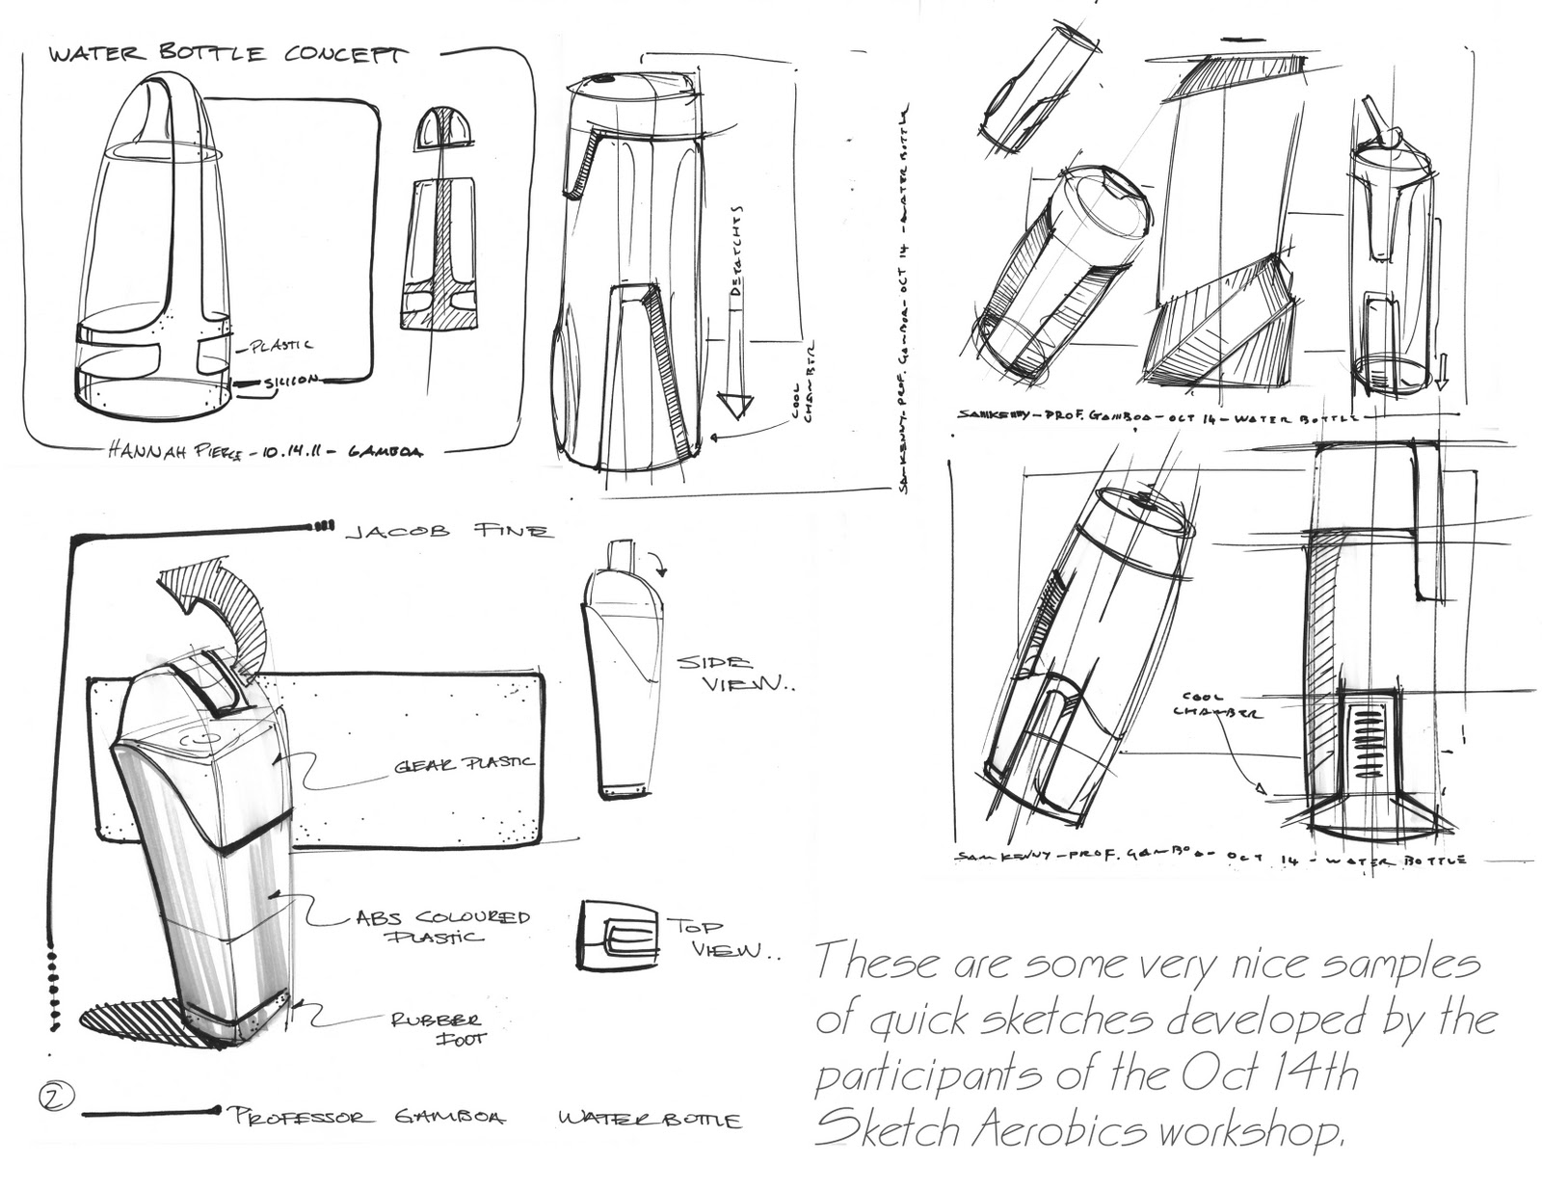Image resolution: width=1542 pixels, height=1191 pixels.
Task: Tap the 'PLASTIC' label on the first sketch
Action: pyautogui.click(x=280, y=345)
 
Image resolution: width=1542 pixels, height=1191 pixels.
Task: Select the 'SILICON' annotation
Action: pyautogui.click(x=290, y=382)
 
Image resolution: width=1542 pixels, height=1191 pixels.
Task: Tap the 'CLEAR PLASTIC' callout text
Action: pyautogui.click(x=463, y=763)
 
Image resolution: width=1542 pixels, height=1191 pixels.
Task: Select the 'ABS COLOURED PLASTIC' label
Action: pyautogui.click(x=442, y=926)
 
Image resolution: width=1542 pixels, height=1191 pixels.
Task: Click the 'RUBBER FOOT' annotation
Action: pyautogui.click(x=436, y=1028)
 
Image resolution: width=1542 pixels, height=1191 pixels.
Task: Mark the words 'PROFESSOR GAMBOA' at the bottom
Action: pyautogui.click(x=366, y=1117)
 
